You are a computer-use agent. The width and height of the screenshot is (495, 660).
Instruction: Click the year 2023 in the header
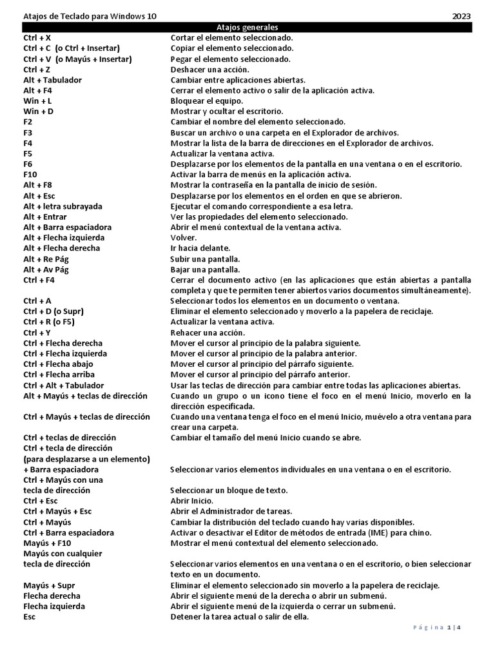click(461, 16)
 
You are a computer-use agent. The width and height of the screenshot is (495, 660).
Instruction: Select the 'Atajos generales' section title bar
click(247, 27)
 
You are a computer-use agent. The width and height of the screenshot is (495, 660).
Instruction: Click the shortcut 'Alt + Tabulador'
click(52, 80)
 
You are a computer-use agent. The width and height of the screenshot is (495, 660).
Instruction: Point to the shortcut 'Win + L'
click(37, 101)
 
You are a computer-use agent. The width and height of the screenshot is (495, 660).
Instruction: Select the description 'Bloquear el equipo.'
click(207, 101)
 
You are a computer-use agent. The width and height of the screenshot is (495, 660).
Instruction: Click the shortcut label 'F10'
click(30, 175)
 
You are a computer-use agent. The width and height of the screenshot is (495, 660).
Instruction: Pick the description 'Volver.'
click(184, 238)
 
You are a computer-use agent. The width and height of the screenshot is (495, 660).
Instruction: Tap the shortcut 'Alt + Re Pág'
click(47, 259)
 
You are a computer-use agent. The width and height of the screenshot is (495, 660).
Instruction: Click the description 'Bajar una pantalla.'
click(205, 269)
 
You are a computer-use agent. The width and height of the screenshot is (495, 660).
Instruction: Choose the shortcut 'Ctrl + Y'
click(37, 333)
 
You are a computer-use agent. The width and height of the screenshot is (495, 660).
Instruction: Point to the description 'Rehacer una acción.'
click(207, 333)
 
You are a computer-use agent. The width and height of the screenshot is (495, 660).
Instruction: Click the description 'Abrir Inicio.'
click(191, 501)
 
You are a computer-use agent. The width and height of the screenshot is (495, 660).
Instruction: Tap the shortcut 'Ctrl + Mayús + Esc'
click(57, 511)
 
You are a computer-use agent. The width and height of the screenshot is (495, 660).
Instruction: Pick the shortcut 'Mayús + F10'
click(46, 543)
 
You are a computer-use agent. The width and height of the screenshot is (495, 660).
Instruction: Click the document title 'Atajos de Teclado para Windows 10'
click(90, 16)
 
